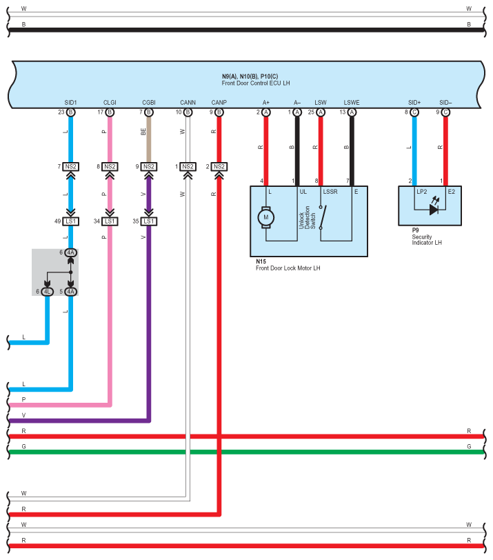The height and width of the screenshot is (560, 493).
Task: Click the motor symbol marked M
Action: tap(266, 217)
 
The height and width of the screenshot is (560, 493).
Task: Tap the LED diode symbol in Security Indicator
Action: tap(434, 209)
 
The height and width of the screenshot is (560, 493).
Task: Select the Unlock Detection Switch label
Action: tap(307, 217)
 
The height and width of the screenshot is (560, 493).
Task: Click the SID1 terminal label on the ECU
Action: tap(71, 103)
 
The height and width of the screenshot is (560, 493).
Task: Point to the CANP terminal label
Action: tap(219, 103)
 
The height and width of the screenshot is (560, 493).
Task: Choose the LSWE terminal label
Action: tap(352, 103)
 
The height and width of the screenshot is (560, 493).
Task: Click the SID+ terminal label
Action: tap(414, 103)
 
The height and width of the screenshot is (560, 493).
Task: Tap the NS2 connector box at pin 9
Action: tap(149, 167)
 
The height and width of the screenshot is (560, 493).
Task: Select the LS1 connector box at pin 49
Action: tap(71, 221)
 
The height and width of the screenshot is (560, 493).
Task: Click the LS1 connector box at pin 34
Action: tap(110, 221)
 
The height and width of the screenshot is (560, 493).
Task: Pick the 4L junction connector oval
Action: tap(47, 292)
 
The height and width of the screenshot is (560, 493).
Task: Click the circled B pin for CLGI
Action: tap(110, 112)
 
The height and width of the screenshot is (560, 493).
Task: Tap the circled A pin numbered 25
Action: tap(321, 112)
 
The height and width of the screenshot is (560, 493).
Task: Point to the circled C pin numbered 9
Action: tap(445, 112)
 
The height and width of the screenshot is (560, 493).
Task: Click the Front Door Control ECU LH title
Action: tap(256, 83)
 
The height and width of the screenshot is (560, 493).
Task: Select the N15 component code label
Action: tap(261, 261)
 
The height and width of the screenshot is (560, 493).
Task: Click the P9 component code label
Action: tap(415, 230)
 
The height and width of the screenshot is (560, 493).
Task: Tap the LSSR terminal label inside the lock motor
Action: tap(330, 192)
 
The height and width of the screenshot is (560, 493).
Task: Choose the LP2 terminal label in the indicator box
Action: tap(421, 192)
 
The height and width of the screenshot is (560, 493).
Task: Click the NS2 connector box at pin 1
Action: tap(188, 167)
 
